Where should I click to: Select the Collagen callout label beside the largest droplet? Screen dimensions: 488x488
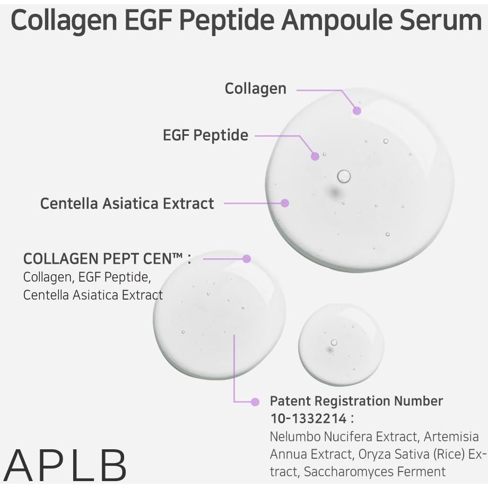point(255,89)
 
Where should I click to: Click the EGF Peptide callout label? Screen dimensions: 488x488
point(205,135)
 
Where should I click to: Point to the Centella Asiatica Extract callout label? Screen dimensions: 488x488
point(127,203)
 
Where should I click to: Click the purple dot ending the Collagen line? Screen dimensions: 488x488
point(357,110)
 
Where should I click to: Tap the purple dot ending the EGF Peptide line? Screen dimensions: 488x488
point(315,156)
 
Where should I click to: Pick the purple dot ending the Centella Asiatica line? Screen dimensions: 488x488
point(285,203)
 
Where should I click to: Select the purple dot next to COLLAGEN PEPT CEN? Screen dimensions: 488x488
point(246,259)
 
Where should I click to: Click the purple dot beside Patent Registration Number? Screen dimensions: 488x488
point(255,402)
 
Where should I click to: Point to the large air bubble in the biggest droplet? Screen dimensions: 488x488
point(344,176)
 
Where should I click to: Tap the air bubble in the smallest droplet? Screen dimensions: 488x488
point(334,342)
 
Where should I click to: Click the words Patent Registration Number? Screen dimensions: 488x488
point(356,401)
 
